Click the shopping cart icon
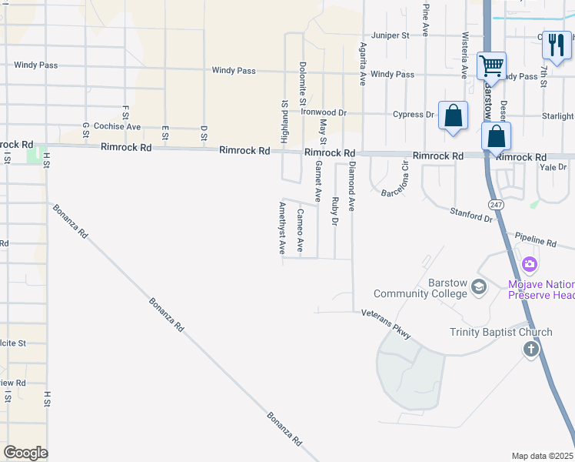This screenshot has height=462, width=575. pyautogui.click(x=491, y=65)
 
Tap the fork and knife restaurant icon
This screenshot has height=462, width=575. pyautogui.click(x=557, y=45)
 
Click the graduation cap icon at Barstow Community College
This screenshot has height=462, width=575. pyautogui.click(x=480, y=287)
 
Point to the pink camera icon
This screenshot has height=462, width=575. pyautogui.click(x=529, y=266)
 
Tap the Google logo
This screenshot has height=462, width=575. pyautogui.click(x=25, y=453)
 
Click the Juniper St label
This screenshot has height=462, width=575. pyautogui.click(x=391, y=35)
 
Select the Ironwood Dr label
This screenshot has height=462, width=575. pyautogui.click(x=324, y=112)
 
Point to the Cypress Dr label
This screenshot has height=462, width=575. pyautogui.click(x=414, y=115)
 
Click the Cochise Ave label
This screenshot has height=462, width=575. pyautogui.click(x=117, y=126)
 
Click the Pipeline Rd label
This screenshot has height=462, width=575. pyautogui.click(x=535, y=239)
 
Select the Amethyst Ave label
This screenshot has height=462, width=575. pyautogui.click(x=282, y=228)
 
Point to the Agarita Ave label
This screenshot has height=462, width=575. pyautogui.click(x=361, y=64)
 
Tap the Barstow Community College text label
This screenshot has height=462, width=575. pyautogui.click(x=420, y=288)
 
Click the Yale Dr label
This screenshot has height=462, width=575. pyautogui.click(x=553, y=166)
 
